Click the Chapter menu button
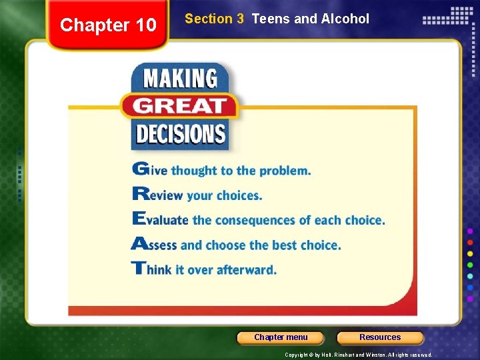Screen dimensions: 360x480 [281, 337]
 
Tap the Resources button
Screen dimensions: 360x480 [380, 337]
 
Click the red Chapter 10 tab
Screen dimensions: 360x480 [108, 25]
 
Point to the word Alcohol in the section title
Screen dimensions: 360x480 [345, 19]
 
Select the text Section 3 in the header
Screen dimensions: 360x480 [214, 19]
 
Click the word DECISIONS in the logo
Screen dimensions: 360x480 [180, 133]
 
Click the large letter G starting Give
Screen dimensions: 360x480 [140, 169]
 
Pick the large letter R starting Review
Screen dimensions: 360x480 [140, 195]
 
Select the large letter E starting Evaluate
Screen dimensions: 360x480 [139, 219]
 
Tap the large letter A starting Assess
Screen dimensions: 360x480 [139, 244]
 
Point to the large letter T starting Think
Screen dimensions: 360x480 [138, 269]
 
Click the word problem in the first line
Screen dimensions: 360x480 [285, 171]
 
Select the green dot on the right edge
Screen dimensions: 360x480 [471, 264]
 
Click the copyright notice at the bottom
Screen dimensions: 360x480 [358, 355]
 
